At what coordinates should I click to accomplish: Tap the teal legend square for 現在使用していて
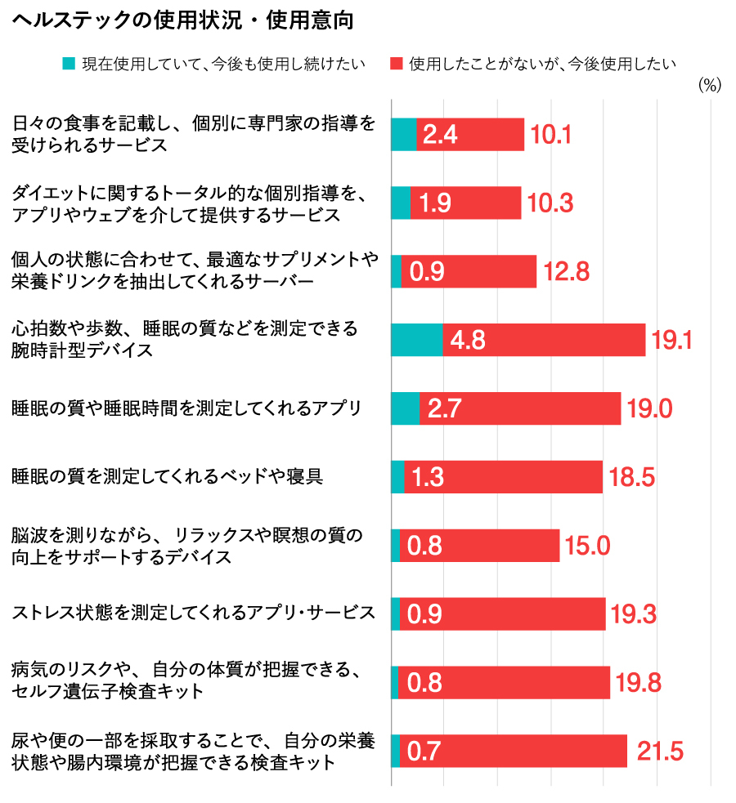(70, 63)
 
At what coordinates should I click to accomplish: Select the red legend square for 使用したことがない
(397, 63)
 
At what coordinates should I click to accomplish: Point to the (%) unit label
(710, 86)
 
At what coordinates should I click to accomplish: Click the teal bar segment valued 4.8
(417, 340)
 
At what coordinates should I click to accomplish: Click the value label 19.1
(671, 340)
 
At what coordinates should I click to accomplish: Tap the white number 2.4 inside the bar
(440, 135)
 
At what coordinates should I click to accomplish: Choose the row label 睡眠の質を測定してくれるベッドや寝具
(168, 476)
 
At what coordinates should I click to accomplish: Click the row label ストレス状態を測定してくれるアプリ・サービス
(194, 613)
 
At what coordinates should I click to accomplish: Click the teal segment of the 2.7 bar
(406, 408)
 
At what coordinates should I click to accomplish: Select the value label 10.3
(550, 203)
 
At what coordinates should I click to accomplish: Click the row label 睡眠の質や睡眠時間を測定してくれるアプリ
(186, 408)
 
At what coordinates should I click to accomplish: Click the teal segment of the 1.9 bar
(401, 203)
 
